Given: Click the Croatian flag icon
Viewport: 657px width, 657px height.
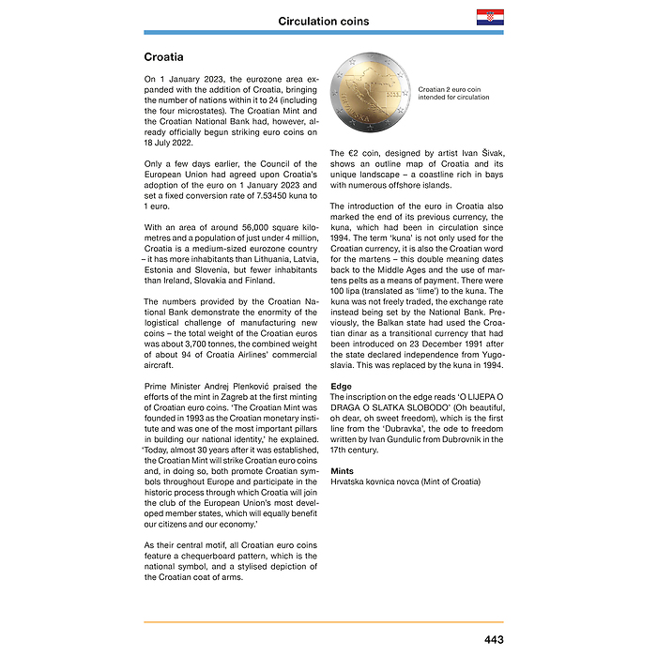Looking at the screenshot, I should (489, 18).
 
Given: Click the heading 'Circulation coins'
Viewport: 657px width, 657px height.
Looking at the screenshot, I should (324, 21).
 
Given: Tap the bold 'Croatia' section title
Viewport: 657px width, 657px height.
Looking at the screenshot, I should (163, 57).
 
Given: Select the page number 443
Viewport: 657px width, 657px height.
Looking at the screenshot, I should (494, 639).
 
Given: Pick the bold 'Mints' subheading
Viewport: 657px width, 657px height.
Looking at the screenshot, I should (343, 470).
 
